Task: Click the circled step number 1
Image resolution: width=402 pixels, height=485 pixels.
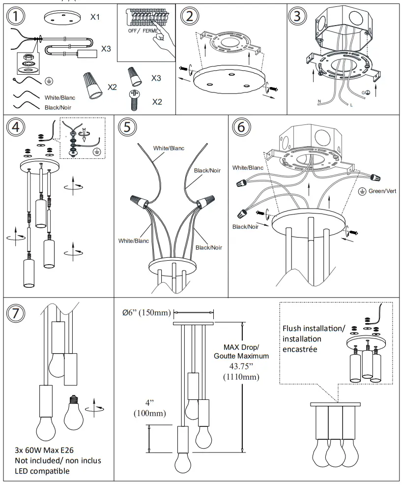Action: [x=17, y=17]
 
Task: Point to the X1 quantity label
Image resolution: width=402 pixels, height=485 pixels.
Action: [x=95, y=17]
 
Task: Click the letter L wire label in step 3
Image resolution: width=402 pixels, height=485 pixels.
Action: [x=351, y=105]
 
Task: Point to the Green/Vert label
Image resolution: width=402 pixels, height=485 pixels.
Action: [x=385, y=190]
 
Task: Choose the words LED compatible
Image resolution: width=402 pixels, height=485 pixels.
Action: [x=42, y=471]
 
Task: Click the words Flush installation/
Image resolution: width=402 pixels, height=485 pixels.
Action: [x=314, y=329]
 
